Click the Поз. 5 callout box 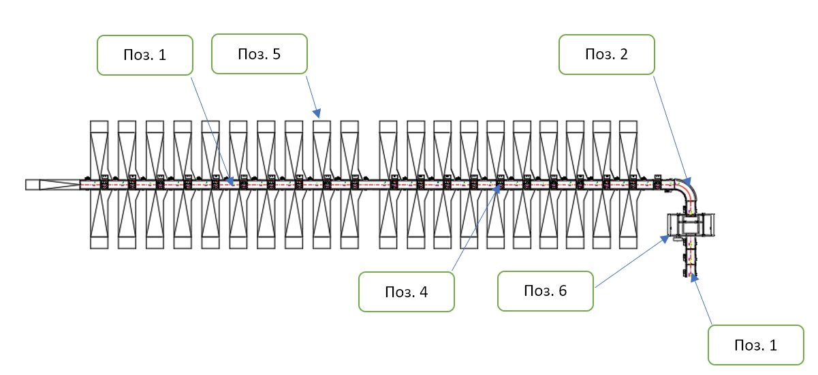(259, 54)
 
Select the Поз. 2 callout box (607, 55)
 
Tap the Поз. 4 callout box (407, 292)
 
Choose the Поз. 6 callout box (545, 291)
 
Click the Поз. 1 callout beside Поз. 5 (145, 55)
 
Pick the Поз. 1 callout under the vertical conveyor (756, 345)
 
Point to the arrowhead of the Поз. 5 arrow (317, 113)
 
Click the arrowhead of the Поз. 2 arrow (687, 181)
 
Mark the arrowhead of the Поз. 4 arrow (497, 189)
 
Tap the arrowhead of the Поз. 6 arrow (665, 239)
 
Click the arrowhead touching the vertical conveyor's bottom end (694, 278)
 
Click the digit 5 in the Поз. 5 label (277, 54)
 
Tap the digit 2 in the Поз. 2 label (624, 55)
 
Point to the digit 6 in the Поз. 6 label (563, 291)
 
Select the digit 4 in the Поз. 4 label (424, 292)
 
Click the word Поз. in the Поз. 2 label (598, 55)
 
